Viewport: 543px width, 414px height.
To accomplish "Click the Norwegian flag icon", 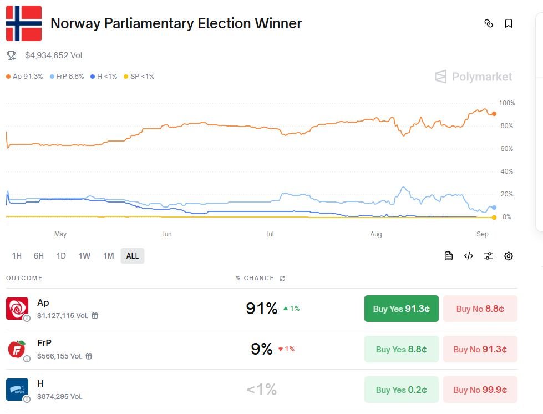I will (x=24, y=23).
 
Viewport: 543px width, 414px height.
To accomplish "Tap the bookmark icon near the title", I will (x=509, y=23).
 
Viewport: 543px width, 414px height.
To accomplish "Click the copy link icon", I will (x=489, y=23).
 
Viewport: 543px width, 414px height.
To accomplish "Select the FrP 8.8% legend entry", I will (x=67, y=77).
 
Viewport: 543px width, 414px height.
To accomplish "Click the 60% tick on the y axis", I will (x=507, y=149).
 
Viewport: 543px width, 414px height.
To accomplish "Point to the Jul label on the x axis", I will (x=270, y=234).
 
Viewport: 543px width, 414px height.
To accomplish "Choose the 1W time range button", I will (x=84, y=256).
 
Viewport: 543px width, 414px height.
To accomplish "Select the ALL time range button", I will (x=133, y=256).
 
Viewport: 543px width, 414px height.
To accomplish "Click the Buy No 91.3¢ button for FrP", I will (x=480, y=350).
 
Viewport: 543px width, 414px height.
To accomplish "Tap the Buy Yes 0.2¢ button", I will (x=401, y=390).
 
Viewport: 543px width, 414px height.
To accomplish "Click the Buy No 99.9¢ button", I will (x=480, y=390).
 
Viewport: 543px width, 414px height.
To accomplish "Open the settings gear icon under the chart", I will (x=509, y=256).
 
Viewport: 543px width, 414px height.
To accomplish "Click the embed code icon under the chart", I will (x=469, y=256).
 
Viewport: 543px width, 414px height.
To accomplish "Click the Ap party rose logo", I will (x=17, y=308).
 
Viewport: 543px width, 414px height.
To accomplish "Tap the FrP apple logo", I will (x=17, y=349).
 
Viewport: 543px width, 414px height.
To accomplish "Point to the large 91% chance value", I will (x=261, y=309).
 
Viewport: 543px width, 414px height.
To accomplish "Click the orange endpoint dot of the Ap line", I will (x=494, y=114).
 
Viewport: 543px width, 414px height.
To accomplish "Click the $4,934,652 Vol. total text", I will (x=54, y=55).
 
